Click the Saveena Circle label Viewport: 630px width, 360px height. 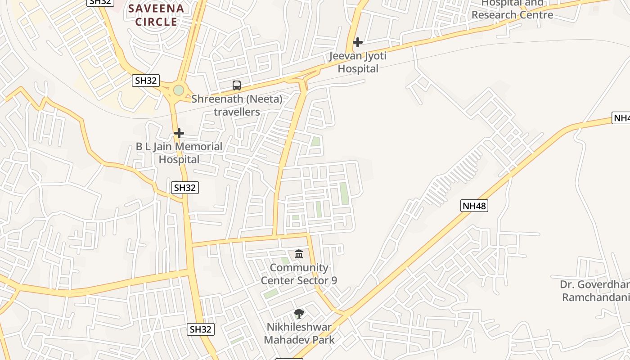coord(156,15)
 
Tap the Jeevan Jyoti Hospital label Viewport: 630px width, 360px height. coord(358,63)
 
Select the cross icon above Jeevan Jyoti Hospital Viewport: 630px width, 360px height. coord(358,42)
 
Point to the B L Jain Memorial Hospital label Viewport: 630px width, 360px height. coord(179,153)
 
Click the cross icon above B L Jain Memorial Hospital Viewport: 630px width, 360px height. coord(179,133)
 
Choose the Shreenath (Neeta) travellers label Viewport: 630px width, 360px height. coord(237,105)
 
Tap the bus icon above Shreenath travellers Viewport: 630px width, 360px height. coord(236,85)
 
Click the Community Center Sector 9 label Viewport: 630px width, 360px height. coord(299,274)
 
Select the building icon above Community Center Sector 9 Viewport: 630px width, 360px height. coord(299,254)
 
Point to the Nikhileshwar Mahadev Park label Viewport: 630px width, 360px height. coord(299,333)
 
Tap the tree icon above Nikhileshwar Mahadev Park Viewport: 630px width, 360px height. coord(299,314)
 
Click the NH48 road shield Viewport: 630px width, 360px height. coord(474,206)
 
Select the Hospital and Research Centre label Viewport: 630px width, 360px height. coord(512,9)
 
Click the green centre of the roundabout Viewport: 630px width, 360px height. coord(179,90)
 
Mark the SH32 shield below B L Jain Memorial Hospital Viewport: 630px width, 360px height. coord(185,188)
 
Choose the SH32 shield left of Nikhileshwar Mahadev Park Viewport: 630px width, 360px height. coord(201,329)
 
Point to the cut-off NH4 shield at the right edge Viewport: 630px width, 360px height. coord(621,118)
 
